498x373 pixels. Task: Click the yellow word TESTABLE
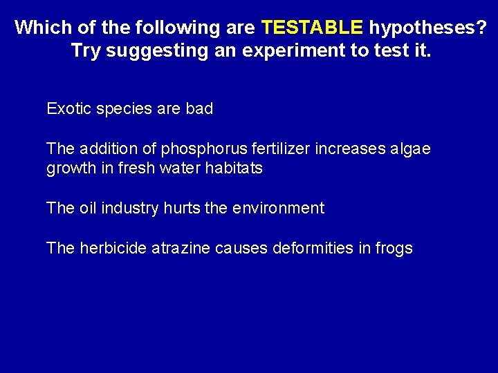[x=312, y=28]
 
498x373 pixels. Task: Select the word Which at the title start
[x=40, y=28]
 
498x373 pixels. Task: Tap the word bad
[x=199, y=108]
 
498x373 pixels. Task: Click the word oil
[x=88, y=208]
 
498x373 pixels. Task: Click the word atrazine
[x=179, y=248]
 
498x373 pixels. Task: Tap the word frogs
[x=393, y=249]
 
